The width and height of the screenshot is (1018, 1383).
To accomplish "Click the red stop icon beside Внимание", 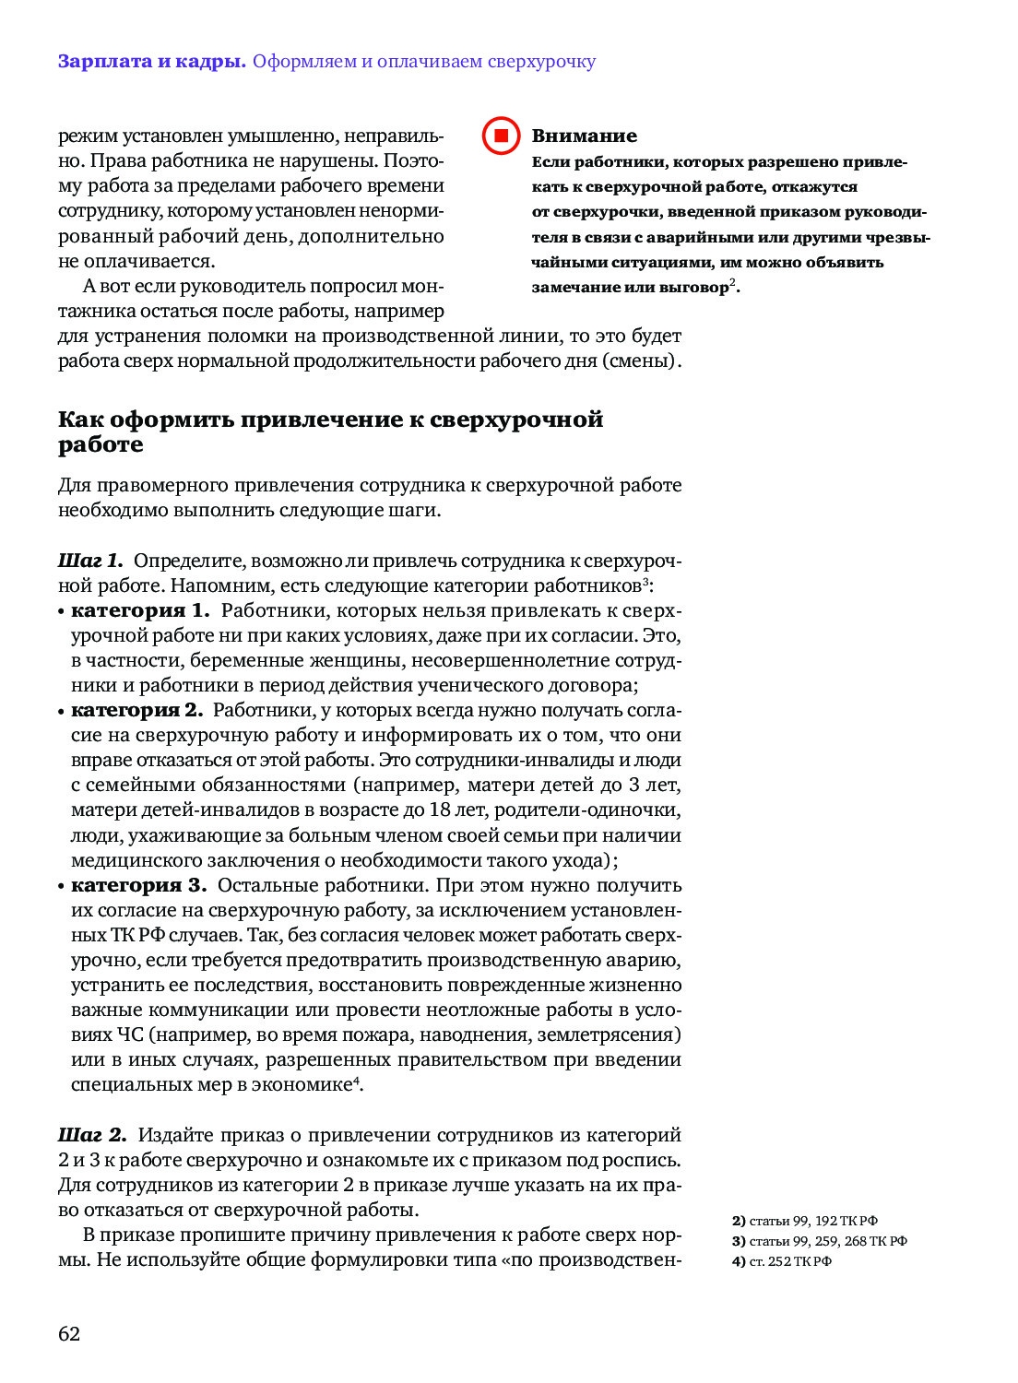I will (x=502, y=136).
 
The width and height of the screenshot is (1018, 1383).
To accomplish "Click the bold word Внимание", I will (x=584, y=136).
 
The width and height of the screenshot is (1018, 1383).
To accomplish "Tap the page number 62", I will (x=69, y=1333).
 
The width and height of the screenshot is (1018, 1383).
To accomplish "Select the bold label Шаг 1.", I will (x=89, y=561).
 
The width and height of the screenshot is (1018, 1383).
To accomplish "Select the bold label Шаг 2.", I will (x=91, y=1135).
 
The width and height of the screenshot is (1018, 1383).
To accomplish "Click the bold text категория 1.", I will (x=140, y=610).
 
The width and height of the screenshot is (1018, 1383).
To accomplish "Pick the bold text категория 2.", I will (x=136, y=710).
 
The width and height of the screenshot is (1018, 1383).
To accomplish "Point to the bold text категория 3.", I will (x=138, y=885).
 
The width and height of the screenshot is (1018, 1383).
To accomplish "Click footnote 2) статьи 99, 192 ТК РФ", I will (x=804, y=1221).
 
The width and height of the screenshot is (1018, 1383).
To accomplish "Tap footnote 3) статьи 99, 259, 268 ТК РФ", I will (x=819, y=1241).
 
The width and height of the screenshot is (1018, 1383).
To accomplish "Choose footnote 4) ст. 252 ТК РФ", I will (x=781, y=1261).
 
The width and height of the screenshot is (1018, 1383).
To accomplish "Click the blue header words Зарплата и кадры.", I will (x=151, y=62).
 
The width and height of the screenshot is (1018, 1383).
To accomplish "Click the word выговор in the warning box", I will (x=693, y=288).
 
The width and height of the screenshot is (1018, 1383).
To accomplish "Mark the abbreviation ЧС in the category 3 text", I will (x=130, y=1034).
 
